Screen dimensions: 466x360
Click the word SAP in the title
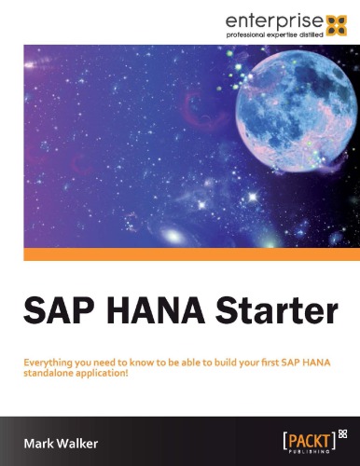pyautogui.click(x=54, y=309)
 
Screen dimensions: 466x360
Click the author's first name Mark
pyautogui.click(x=41, y=439)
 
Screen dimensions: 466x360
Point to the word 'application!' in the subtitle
pyautogui.click(x=100, y=371)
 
